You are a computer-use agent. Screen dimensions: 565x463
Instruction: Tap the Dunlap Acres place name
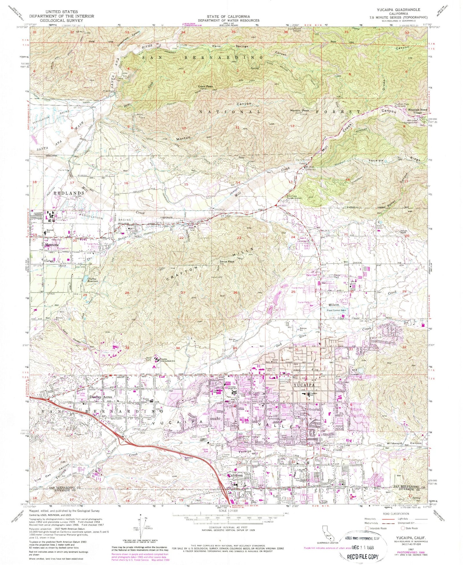(x=88, y=396)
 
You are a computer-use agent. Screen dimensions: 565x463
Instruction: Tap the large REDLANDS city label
(x=53, y=194)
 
